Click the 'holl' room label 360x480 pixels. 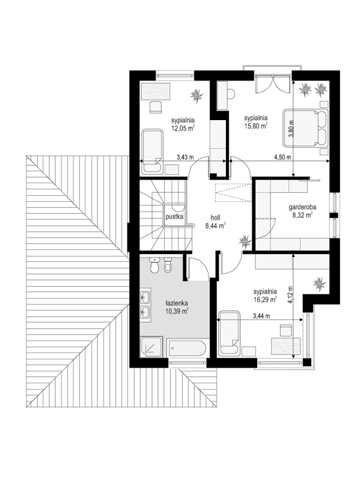coord(215,218)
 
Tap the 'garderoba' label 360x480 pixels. coord(302,207)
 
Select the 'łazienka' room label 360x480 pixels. coord(176,303)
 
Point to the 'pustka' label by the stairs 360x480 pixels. coord(174,217)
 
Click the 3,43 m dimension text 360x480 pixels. coord(185,157)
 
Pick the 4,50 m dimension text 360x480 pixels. coord(282,157)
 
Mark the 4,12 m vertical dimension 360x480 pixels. coord(290,294)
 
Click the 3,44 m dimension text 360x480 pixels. coord(261,316)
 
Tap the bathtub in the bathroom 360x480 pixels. coord(187,348)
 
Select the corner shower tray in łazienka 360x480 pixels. coord(151,347)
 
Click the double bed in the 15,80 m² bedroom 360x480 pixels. coord(305,127)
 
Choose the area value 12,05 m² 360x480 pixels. coord(184,128)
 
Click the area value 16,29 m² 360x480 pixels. coord(266,299)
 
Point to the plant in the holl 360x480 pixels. coord(245,242)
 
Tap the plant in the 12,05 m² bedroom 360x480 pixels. coord(196,96)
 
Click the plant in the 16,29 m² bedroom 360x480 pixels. coord(319,284)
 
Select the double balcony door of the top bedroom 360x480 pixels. coord(272,84)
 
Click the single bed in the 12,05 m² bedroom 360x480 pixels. coord(153,151)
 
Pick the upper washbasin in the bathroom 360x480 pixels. coord(145,296)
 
